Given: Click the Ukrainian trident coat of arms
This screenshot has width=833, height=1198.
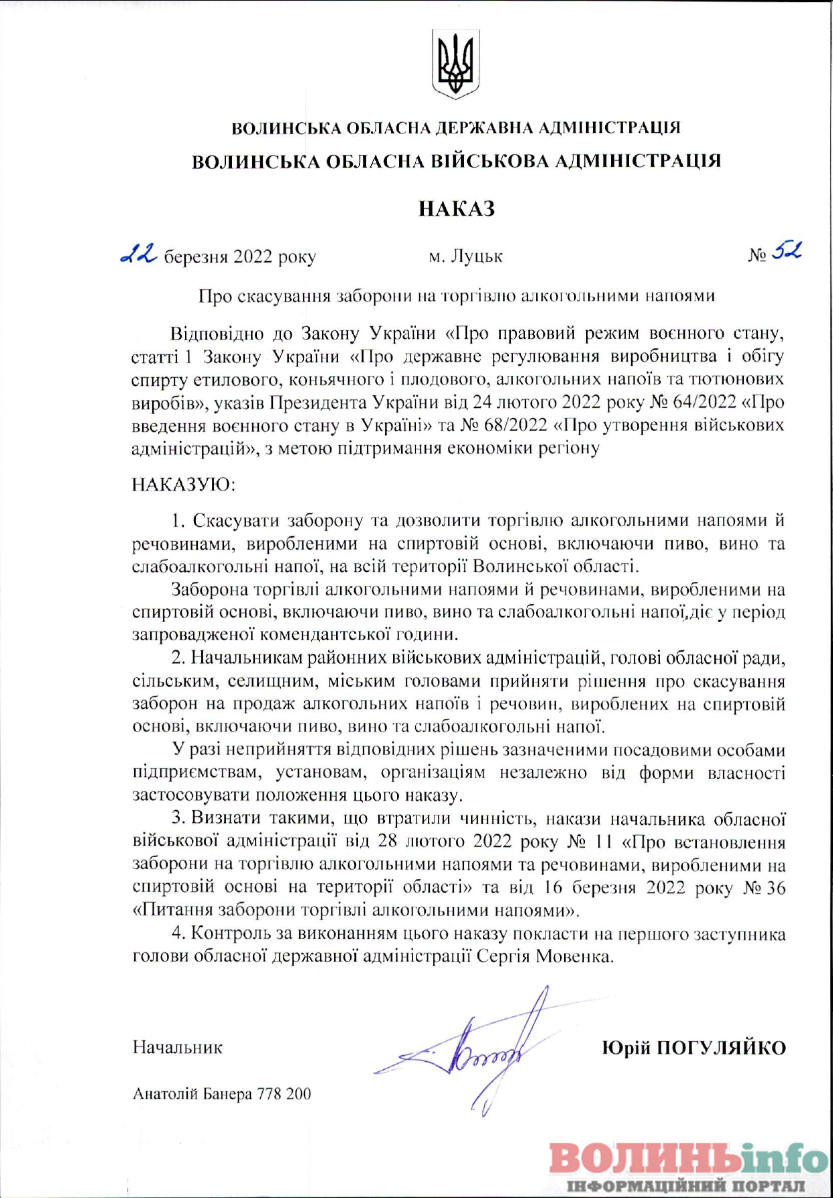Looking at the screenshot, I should point(455,64).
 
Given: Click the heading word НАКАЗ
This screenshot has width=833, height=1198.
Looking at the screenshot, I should point(456,209).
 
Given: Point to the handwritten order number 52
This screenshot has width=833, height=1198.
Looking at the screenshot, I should point(786,251).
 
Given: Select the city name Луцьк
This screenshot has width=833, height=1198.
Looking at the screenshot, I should point(476,256).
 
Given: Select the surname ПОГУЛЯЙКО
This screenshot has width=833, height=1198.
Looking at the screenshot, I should point(721,1048).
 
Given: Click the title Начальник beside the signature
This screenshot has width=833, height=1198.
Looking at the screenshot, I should point(178,1048).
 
